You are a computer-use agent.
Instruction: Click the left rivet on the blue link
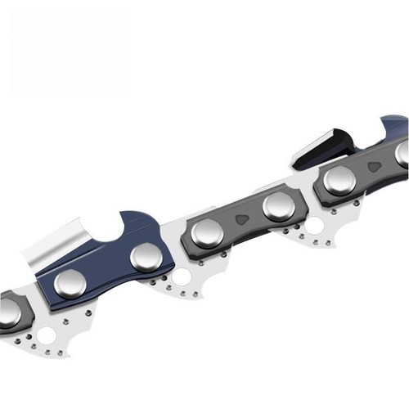pyautogui.click(x=70, y=283)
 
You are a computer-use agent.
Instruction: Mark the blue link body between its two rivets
pyautogui.click(x=108, y=270)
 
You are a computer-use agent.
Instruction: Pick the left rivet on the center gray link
pyautogui.click(x=207, y=233)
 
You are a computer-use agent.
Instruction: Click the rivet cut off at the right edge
pyautogui.click(x=402, y=152)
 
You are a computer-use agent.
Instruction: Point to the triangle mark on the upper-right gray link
pyautogui.click(x=374, y=166)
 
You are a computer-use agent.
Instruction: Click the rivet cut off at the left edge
pyautogui.click(x=8, y=312)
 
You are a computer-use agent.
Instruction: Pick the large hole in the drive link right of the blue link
pyautogui.click(x=181, y=276)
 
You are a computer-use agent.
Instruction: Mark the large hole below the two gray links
pyautogui.click(x=314, y=224)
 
